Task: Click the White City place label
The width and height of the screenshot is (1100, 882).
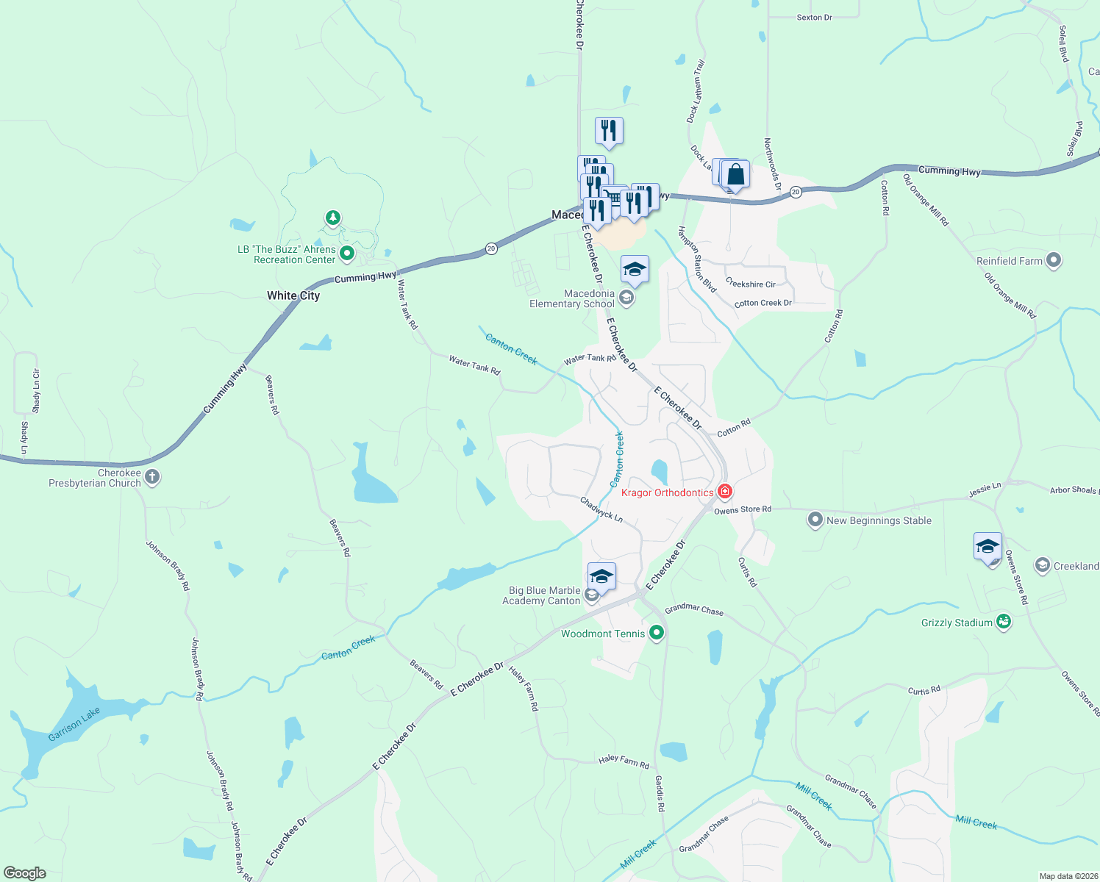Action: (x=293, y=295)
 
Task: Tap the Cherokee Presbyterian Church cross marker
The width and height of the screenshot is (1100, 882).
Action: (x=152, y=477)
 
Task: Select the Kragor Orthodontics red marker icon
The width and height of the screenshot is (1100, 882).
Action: (x=725, y=491)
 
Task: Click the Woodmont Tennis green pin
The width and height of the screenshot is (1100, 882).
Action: (x=657, y=633)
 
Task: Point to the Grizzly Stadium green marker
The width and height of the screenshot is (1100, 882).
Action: (x=1004, y=622)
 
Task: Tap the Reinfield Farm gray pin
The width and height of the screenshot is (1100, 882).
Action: (x=1054, y=260)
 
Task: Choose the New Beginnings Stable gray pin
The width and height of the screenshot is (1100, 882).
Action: (x=815, y=520)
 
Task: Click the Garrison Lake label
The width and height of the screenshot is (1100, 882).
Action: (x=74, y=725)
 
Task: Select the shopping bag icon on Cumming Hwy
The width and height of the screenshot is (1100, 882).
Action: (x=735, y=176)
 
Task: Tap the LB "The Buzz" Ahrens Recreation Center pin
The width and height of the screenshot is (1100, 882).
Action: (x=347, y=254)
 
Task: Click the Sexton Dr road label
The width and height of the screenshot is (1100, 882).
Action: (x=814, y=17)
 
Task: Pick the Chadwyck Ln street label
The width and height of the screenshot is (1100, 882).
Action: (x=601, y=509)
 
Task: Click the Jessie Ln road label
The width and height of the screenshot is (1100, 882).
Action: (x=985, y=489)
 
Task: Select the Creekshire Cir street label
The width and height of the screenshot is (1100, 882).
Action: (x=750, y=284)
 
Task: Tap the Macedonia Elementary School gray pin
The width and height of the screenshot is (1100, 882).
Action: (x=626, y=298)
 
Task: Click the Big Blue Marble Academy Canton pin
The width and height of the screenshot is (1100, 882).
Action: (x=592, y=594)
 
